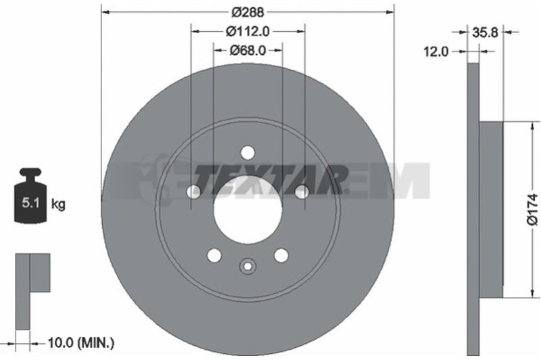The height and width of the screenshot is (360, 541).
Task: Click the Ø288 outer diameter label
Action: (x=248, y=12)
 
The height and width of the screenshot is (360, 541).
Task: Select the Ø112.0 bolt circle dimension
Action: (x=248, y=31)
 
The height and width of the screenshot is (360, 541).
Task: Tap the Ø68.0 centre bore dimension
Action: (x=248, y=50)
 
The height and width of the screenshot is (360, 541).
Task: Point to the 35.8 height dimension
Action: (x=485, y=32)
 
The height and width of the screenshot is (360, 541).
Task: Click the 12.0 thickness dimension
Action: (x=436, y=52)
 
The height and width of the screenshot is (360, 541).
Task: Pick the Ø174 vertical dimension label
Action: (x=533, y=210)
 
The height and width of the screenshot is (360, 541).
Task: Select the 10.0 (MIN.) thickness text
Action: (x=80, y=342)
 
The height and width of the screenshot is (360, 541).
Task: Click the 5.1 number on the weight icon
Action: (x=30, y=202)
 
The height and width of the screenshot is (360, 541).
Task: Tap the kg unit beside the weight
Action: (x=58, y=204)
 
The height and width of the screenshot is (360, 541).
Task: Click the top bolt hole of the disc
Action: (x=248, y=152)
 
